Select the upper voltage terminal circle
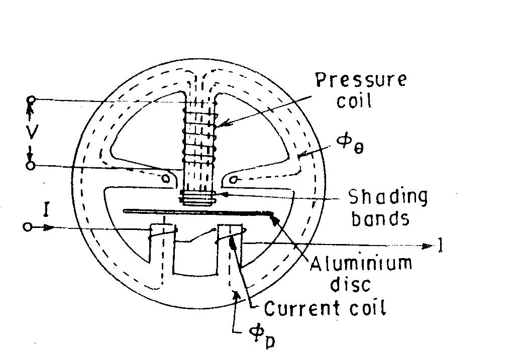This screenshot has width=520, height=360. (x=31, y=99)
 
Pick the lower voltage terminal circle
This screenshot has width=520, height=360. (x=31, y=165)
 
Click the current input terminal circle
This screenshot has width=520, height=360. (x=28, y=227)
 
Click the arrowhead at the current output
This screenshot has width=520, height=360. (x=428, y=246)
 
